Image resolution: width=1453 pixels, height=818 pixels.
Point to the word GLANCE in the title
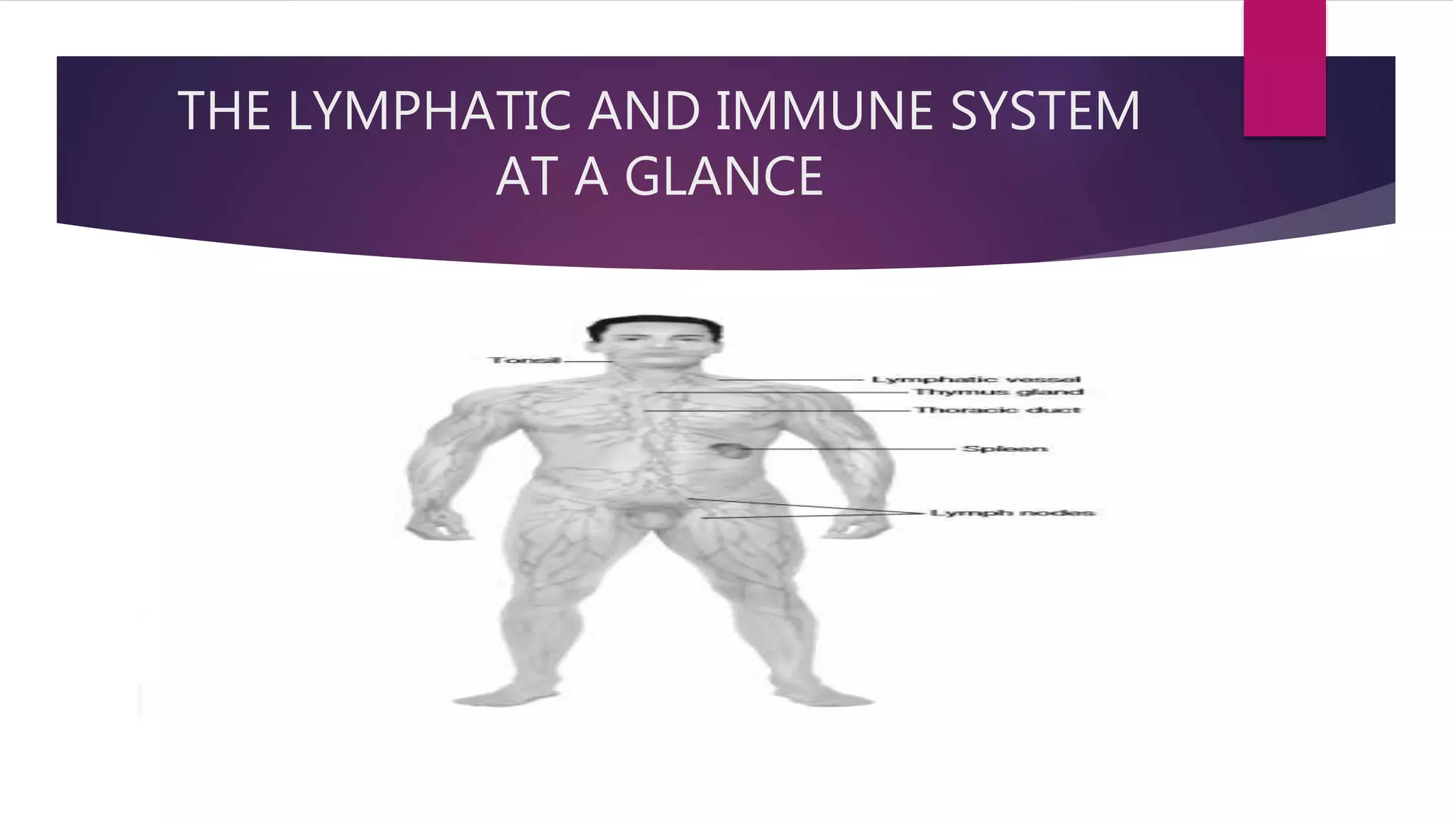click(724, 177)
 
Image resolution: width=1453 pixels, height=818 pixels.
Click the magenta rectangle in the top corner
click(1284, 68)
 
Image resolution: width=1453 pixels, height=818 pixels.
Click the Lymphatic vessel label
click(976, 380)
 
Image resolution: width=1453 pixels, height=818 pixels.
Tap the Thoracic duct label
click(997, 410)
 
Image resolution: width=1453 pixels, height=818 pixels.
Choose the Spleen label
click(1004, 449)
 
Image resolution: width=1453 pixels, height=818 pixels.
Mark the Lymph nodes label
click(1012, 513)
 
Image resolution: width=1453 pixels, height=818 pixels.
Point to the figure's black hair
click(653, 325)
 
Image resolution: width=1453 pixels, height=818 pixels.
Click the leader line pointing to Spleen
click(851, 449)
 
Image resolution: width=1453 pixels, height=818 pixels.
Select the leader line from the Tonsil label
click(587, 361)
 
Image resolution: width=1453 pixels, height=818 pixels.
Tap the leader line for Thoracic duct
click(780, 410)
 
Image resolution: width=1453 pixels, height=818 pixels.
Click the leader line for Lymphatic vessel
click(795, 380)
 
